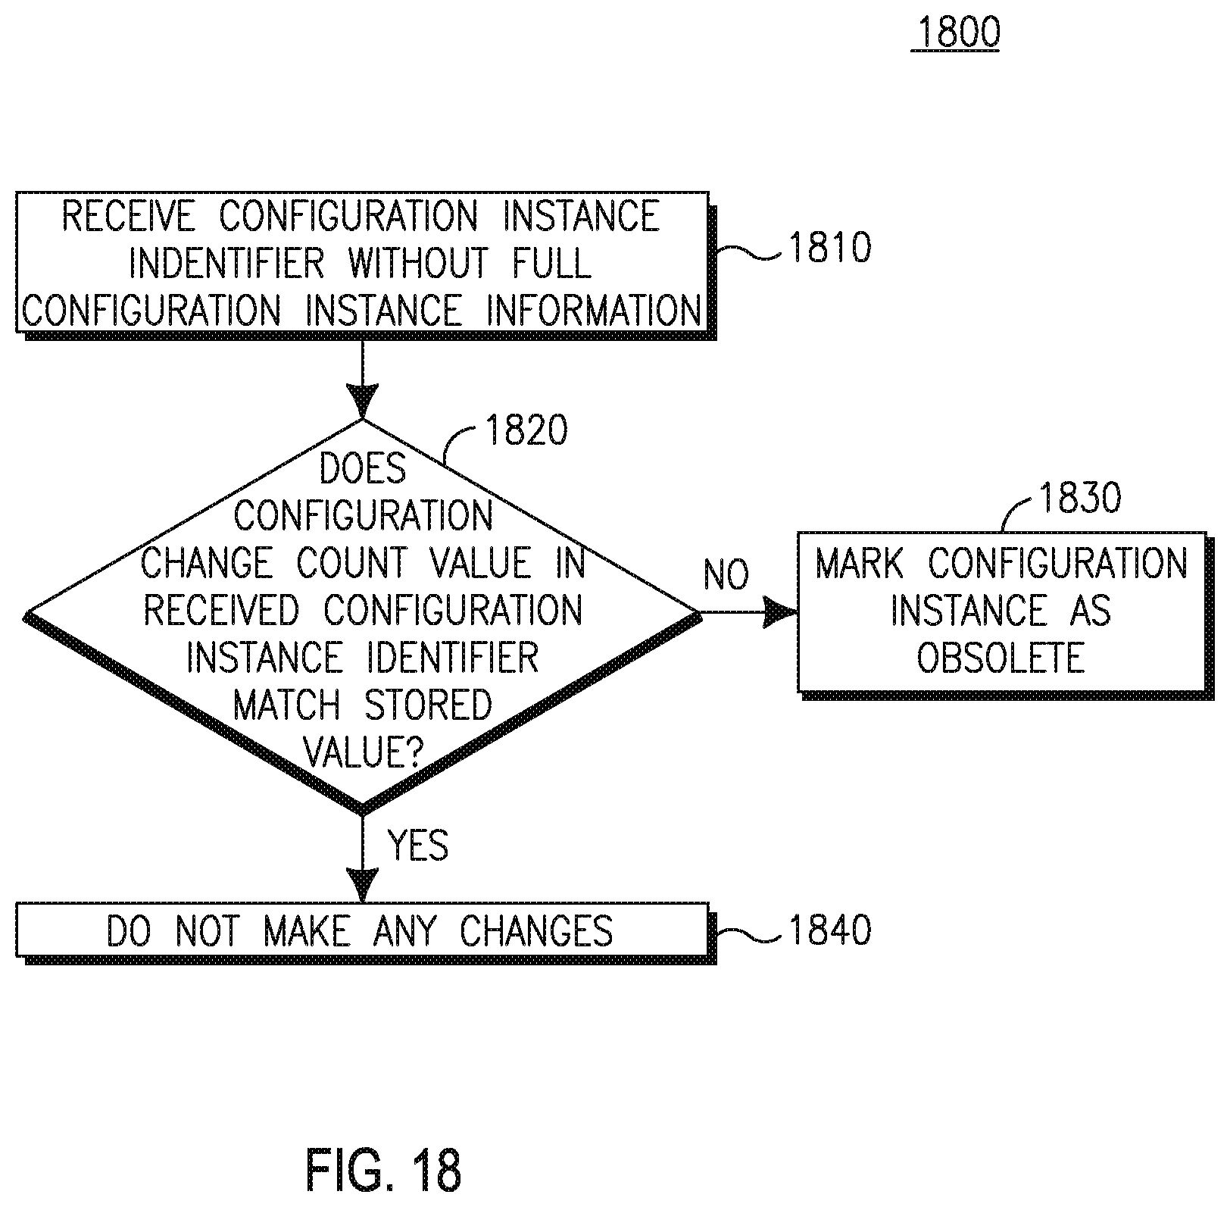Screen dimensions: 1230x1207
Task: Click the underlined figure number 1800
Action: [955, 33]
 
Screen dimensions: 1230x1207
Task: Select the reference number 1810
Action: [830, 248]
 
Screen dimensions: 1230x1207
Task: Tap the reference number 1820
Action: [526, 430]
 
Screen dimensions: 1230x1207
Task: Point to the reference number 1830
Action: [1080, 498]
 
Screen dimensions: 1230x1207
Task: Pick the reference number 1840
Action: [830, 930]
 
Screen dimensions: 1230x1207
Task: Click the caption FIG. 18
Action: [383, 1170]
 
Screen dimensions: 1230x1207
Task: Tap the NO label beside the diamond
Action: [726, 575]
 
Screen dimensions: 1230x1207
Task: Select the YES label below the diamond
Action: [418, 845]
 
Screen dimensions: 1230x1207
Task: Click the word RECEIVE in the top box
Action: [128, 216]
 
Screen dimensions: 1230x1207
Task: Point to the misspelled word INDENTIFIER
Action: [226, 263]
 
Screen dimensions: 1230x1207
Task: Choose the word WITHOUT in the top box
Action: [419, 263]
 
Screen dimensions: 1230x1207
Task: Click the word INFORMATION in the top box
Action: [594, 310]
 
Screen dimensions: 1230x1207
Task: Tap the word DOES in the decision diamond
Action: [363, 469]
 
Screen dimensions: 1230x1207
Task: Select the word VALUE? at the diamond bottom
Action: [363, 752]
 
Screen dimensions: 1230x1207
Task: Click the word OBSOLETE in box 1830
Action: [1001, 658]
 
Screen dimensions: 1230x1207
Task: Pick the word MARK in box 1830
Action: [860, 564]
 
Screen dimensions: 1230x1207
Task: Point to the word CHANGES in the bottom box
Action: [536, 931]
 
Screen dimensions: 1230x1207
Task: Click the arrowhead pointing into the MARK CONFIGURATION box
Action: [780, 611]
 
